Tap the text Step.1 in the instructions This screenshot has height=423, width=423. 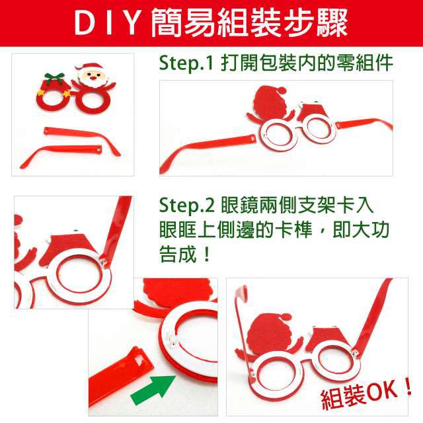(186, 63)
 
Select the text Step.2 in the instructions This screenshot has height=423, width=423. (186, 206)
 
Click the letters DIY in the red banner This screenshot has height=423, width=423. (106, 24)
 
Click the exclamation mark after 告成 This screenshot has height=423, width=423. (207, 254)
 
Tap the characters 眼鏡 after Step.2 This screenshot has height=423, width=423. (241, 206)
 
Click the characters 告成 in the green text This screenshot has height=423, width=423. (178, 254)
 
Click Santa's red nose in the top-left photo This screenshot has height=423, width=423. (93, 78)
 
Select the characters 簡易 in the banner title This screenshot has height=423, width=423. (183, 24)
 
